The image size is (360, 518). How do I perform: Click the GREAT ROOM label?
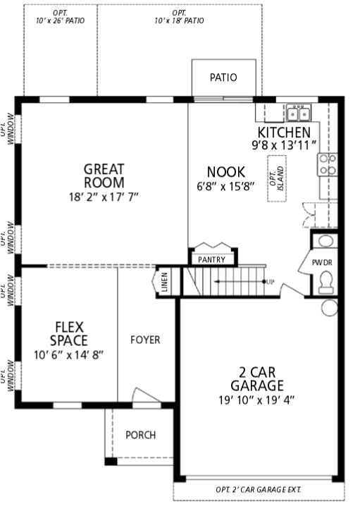[x=104, y=175]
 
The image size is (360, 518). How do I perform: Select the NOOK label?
[x=225, y=172]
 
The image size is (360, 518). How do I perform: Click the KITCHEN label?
[x=283, y=132]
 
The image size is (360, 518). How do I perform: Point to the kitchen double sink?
[x=299, y=113]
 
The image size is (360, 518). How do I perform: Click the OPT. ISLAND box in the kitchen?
[x=277, y=178]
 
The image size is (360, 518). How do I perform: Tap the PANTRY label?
[x=211, y=259]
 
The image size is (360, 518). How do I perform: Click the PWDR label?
[x=323, y=263]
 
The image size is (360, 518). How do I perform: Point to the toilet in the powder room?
[x=325, y=283]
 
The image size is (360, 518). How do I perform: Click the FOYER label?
[x=145, y=340]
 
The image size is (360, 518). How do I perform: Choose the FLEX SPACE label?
[x=68, y=334]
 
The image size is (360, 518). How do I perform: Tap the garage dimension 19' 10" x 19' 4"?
[x=256, y=400]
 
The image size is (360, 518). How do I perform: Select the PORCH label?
[x=140, y=435]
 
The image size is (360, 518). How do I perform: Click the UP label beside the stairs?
[x=270, y=282]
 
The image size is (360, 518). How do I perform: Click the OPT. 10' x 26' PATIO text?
[x=60, y=17]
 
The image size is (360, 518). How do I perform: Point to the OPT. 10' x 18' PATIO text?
[x=179, y=17]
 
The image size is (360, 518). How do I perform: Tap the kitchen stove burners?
[x=328, y=164]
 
